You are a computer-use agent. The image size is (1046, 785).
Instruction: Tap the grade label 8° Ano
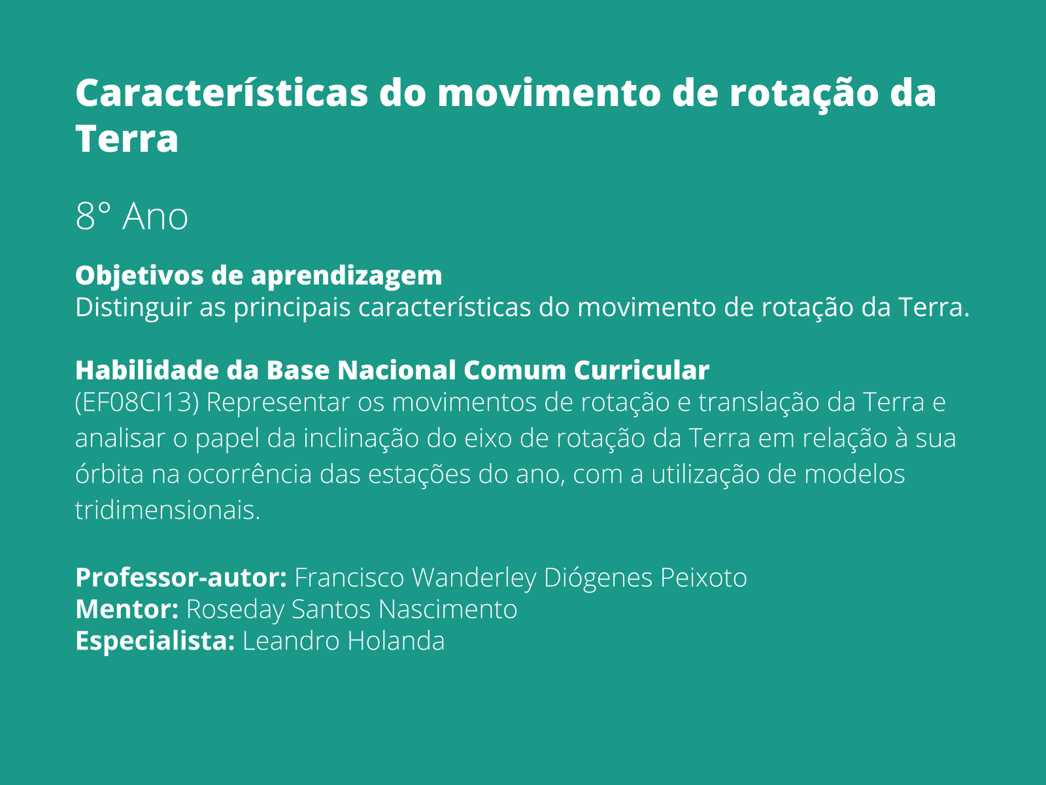(x=131, y=217)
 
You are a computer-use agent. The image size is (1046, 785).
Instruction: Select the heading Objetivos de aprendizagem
(x=258, y=275)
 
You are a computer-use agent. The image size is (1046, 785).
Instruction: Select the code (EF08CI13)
(x=137, y=402)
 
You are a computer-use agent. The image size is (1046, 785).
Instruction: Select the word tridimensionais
(x=167, y=510)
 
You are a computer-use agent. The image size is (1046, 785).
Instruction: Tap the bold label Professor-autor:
(x=181, y=578)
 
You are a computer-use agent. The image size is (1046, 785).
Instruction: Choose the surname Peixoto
(x=703, y=578)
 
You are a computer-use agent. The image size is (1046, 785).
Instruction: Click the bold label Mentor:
(x=127, y=609)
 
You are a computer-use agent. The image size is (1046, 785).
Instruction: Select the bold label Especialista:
(x=155, y=640)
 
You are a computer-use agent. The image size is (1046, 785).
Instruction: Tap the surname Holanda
(x=396, y=640)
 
